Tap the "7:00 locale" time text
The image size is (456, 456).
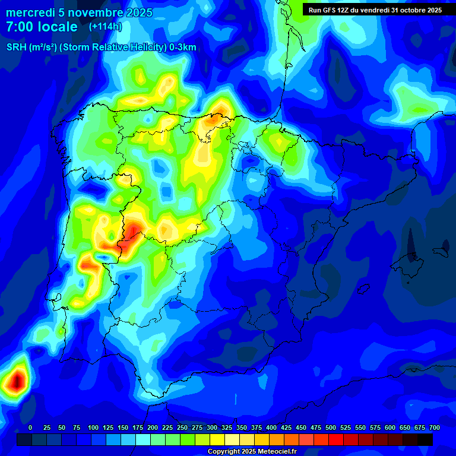(42, 27)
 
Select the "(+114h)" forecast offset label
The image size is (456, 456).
(105, 27)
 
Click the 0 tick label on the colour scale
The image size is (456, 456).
(30, 428)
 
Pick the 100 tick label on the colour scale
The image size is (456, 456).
(93, 428)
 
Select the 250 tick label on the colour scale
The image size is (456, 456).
(182, 428)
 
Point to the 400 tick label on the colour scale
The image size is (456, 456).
(271, 428)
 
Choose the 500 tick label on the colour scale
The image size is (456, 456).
(331, 428)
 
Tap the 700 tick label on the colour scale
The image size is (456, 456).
(435, 428)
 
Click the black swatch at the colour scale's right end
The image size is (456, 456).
(425, 439)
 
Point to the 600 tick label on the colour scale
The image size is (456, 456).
(390, 428)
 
